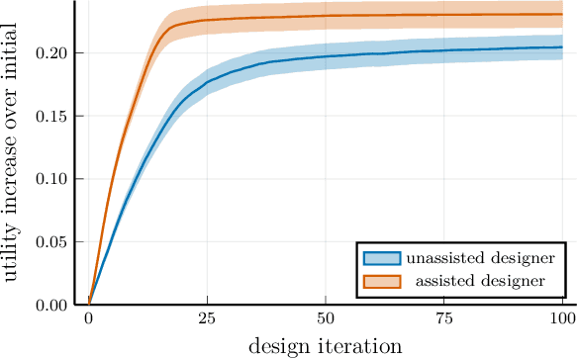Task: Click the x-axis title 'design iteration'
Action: [325, 346]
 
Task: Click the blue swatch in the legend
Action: [382, 259]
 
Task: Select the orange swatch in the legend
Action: [382, 281]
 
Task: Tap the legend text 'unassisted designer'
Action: [480, 259]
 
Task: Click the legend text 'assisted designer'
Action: [480, 281]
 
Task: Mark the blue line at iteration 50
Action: [326, 56]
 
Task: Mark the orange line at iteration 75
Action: [444, 15]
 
